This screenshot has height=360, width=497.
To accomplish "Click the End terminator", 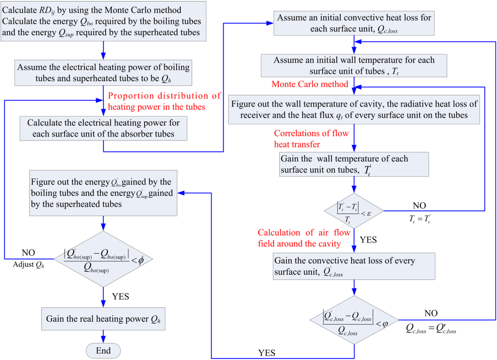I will point(103,351).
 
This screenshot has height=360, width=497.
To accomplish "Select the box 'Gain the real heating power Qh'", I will point(103,319).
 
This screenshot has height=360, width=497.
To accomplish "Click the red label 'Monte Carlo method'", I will point(310,84).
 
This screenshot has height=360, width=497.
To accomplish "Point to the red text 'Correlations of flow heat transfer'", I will point(311,138).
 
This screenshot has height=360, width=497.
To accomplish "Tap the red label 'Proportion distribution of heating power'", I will point(164,101).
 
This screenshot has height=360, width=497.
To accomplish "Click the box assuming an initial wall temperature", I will point(354,66).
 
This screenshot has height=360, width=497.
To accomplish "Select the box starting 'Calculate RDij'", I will point(103,21).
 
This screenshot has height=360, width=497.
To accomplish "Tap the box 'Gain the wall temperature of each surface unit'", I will point(354,164).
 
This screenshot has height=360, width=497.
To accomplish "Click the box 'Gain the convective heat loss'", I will point(354,267).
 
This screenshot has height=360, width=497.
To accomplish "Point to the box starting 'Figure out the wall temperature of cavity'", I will point(354,109).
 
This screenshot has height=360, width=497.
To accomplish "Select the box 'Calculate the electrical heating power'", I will point(103,128).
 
